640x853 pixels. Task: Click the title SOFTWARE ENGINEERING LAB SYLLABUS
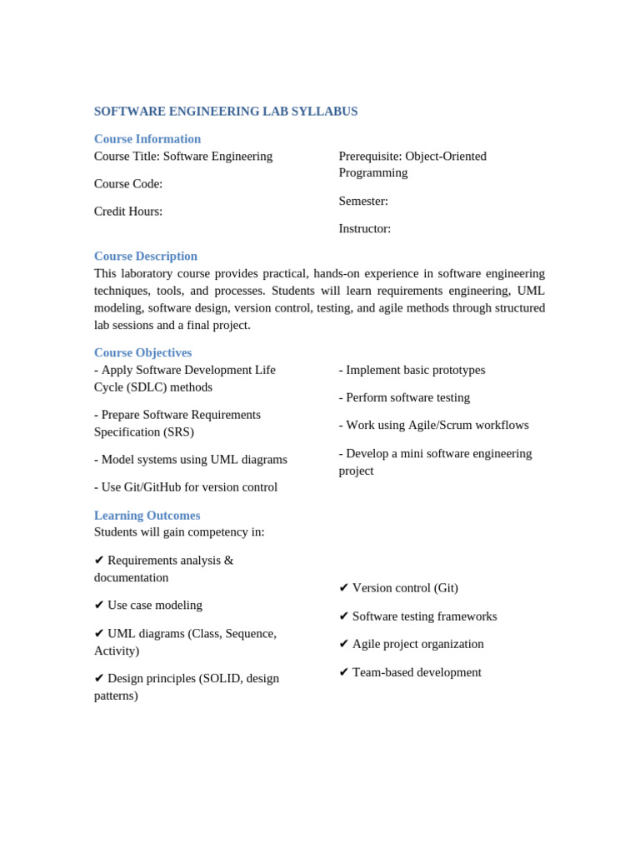226,112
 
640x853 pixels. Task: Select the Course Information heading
147,139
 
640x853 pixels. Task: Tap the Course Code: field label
128,184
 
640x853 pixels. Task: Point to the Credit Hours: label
128,212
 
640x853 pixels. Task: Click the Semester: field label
363,201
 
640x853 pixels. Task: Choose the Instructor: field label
365,229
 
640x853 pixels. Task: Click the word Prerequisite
369,157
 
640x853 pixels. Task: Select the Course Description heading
146,257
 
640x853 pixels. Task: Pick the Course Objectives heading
142,352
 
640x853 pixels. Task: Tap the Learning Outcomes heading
147,516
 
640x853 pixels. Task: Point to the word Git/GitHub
154,487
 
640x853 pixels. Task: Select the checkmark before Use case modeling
99,606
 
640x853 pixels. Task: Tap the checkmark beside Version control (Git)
344,588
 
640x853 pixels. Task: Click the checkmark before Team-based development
344,672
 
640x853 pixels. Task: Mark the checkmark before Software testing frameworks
344,616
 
